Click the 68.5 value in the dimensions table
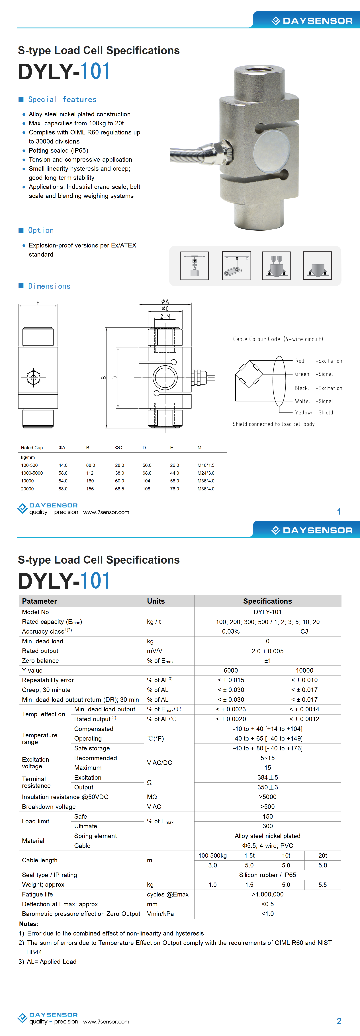(x=119, y=489)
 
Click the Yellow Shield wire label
(x=314, y=413)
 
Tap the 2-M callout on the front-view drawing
(x=165, y=316)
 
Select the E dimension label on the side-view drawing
(x=38, y=303)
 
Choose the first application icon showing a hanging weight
(x=195, y=266)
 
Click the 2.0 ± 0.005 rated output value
(x=267, y=651)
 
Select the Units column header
(x=156, y=601)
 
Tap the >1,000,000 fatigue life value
(x=267, y=894)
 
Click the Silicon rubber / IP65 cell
(x=267, y=875)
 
